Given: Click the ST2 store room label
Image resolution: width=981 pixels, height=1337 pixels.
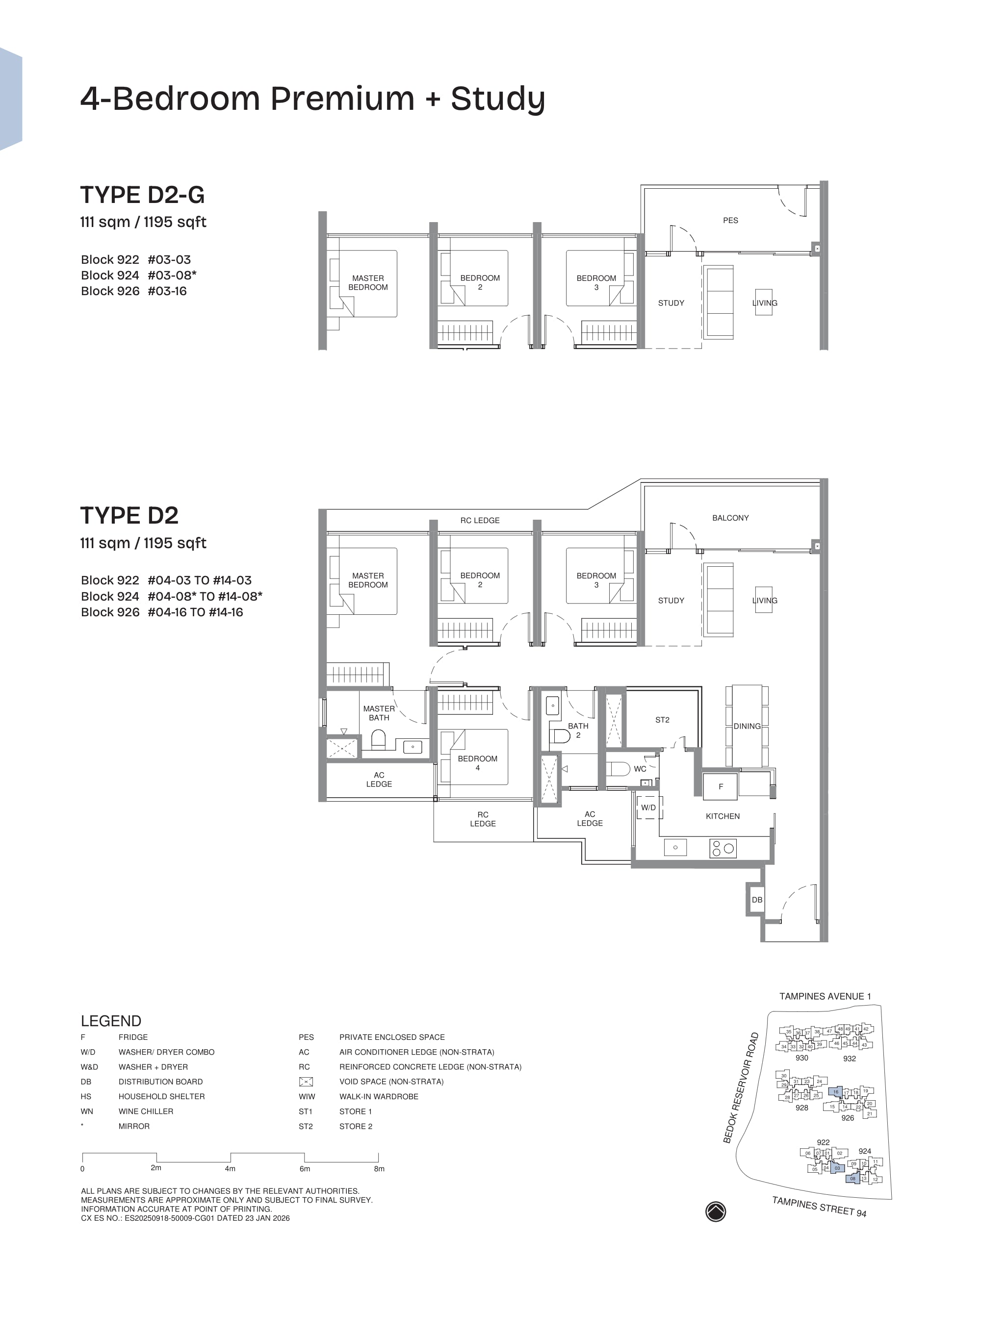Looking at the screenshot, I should (662, 720).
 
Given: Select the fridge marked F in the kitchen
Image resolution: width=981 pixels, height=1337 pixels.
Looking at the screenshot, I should (721, 786).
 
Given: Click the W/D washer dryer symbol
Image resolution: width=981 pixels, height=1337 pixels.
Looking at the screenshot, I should (648, 807).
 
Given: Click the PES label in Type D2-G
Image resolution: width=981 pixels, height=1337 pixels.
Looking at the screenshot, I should (730, 220).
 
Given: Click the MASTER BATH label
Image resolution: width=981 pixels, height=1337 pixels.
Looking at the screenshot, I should (379, 713).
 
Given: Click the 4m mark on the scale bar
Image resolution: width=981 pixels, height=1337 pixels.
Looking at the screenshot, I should (230, 1168).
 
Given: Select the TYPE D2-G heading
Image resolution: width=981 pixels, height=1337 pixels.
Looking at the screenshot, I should (143, 195).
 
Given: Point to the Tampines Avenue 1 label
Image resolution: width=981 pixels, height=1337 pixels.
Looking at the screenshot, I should (825, 996).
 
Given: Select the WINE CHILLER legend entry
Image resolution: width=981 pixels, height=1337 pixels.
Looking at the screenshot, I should (146, 1111).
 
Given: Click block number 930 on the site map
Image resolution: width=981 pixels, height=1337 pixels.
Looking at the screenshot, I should (801, 1058).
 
